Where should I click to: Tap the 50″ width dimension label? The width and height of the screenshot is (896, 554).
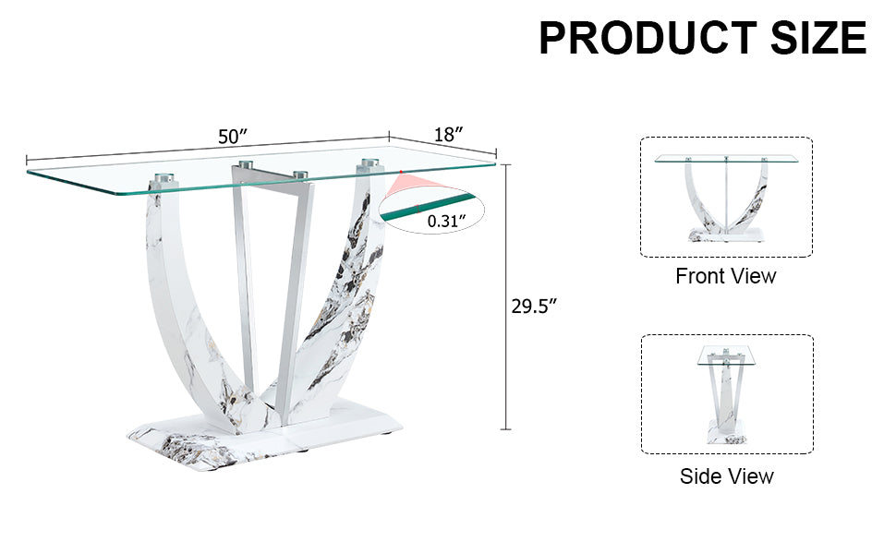[x=234, y=137]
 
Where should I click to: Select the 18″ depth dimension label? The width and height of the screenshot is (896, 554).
[x=448, y=134]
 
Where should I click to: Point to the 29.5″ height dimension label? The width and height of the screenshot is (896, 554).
[x=535, y=307]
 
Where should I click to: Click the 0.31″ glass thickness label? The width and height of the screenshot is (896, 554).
[x=446, y=221]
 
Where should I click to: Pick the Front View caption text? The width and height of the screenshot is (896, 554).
[x=726, y=276]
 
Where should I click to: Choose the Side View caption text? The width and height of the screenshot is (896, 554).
[x=727, y=476]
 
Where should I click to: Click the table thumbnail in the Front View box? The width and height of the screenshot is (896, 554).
[x=726, y=197]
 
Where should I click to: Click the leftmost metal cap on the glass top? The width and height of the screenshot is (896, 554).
[x=163, y=175]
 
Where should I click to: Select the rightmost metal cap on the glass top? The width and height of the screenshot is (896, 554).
[x=370, y=165]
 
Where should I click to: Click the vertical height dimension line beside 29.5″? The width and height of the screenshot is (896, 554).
[x=505, y=295]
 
